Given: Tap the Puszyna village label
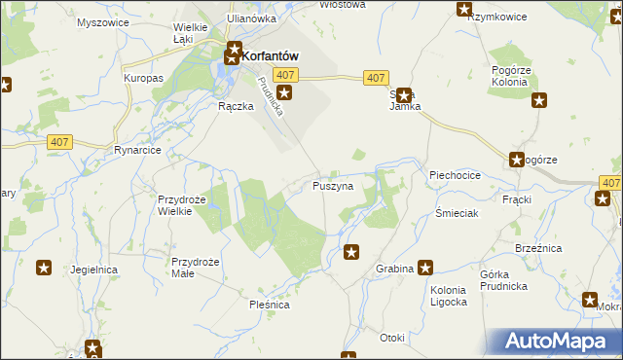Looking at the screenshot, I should click(332, 185).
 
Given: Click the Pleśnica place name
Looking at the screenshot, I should click(268, 304).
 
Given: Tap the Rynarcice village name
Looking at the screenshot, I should click(136, 150).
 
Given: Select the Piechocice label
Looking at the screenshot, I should click(455, 175).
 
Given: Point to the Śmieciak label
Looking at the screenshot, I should click(456, 213).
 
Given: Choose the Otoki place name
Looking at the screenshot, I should click(392, 338).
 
